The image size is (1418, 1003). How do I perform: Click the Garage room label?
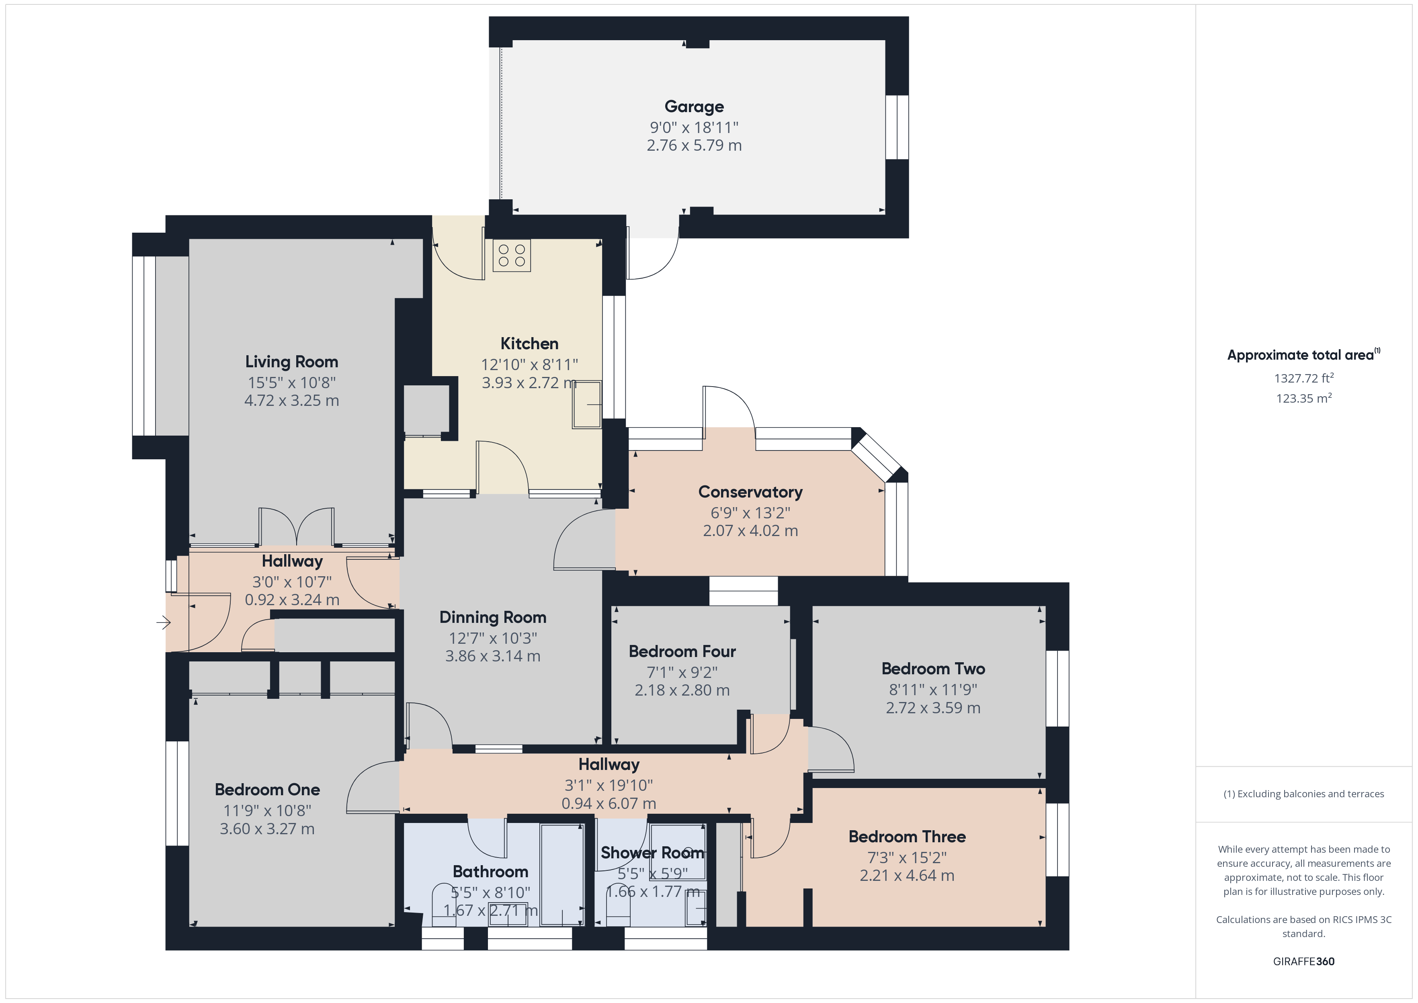694,107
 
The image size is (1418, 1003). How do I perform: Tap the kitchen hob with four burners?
511,256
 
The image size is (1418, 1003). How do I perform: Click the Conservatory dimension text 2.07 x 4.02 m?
750,530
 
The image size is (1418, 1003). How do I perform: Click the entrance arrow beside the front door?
164,622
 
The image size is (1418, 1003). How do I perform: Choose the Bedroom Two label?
933,669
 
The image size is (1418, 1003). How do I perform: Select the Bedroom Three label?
907,837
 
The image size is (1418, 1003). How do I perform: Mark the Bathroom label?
490,872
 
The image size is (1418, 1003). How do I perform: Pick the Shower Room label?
653,853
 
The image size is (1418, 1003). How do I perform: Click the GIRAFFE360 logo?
1304,962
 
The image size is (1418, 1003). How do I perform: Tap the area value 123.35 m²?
1304,398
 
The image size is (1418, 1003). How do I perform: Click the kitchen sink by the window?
587,405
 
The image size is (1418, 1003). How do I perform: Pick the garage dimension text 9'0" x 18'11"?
694,128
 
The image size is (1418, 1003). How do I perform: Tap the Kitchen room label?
529,344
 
